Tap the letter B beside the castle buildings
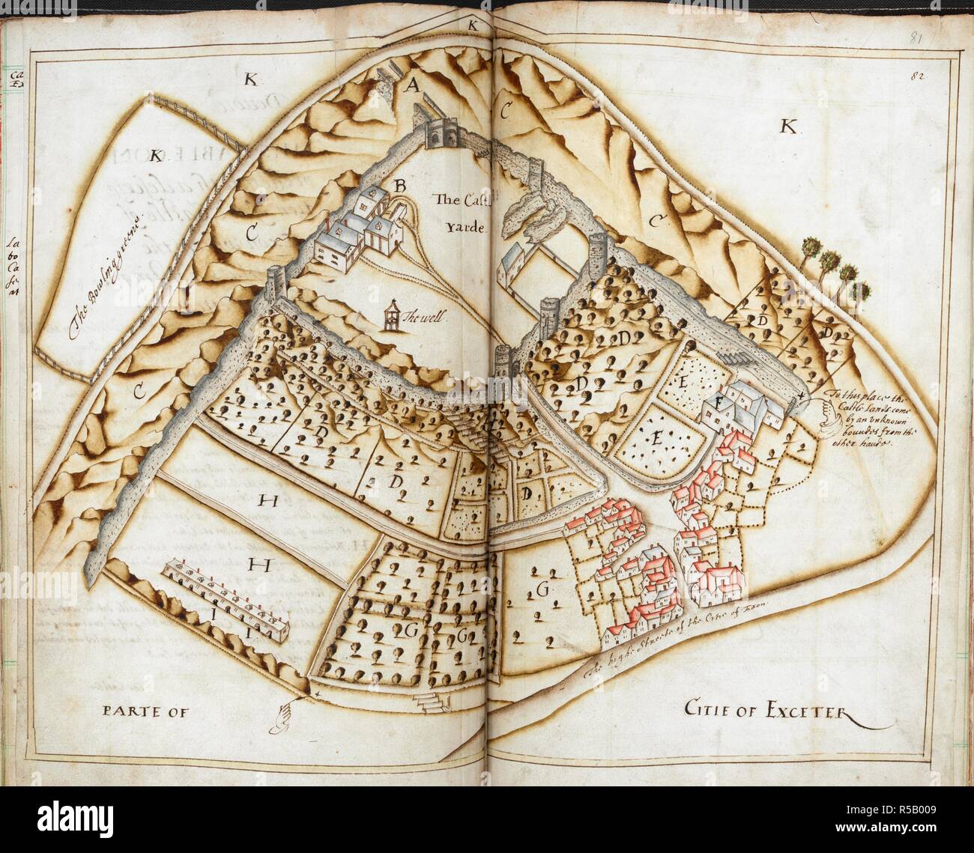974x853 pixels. (x=400, y=183)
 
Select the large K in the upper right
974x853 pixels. (x=787, y=126)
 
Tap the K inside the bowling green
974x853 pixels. (x=156, y=156)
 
